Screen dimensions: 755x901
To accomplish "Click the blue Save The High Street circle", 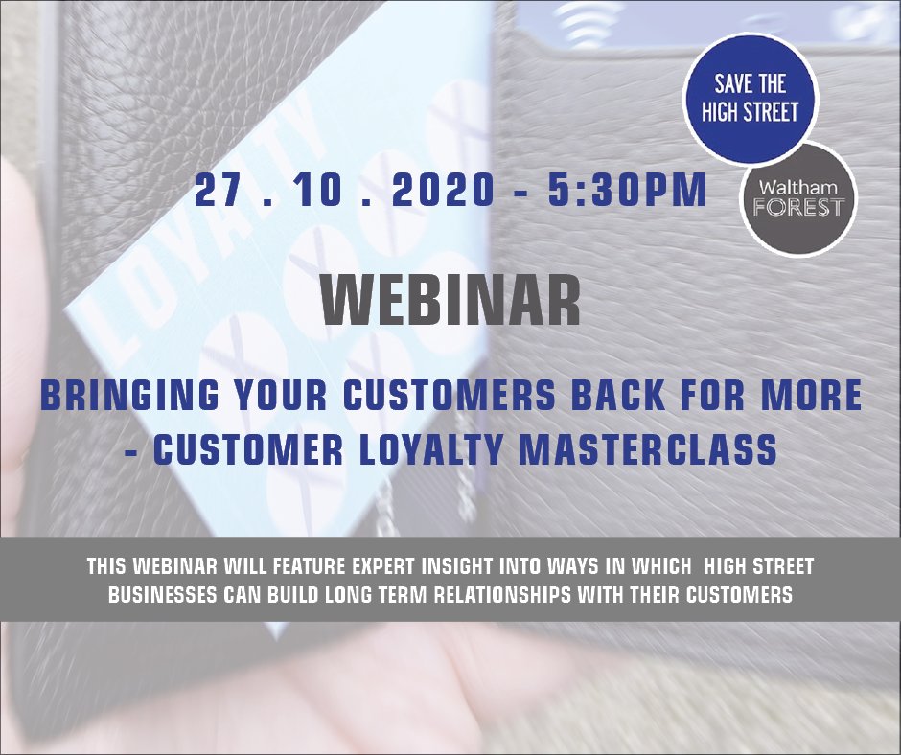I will click(750, 98).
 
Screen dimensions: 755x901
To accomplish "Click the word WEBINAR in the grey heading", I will click(451, 301).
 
